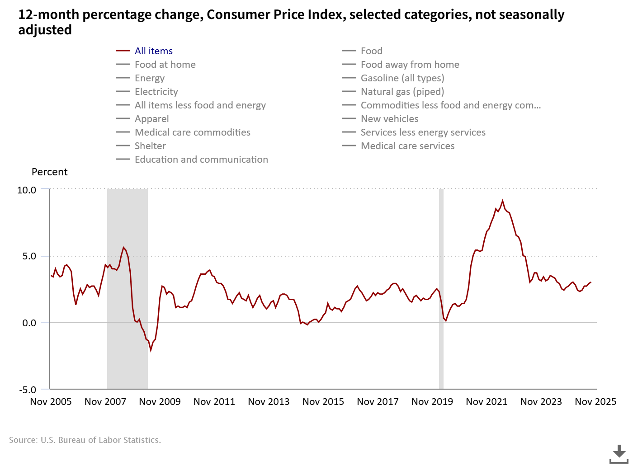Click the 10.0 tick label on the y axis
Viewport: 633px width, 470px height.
click(27, 190)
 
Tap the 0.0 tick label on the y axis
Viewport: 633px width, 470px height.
click(29, 323)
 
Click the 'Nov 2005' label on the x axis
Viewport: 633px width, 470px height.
click(51, 402)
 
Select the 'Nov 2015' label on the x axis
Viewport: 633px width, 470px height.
click(323, 402)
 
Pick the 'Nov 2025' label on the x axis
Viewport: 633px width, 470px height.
click(595, 402)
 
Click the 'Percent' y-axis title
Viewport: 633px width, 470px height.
click(49, 172)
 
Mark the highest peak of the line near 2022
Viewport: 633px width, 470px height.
click(502, 201)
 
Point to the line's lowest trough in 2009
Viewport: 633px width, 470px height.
click(151, 350)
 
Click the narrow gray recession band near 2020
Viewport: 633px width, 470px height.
click(441, 289)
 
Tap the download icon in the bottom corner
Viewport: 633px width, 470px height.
click(619, 454)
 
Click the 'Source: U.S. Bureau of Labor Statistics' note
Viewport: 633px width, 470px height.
click(85, 440)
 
